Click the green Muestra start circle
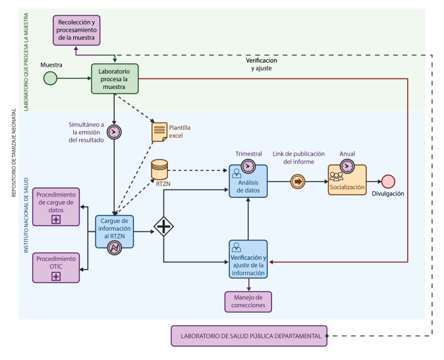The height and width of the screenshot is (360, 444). coord(51,78)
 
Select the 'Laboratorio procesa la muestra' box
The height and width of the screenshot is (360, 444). coord(115,79)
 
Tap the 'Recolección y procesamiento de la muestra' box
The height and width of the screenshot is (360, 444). coord(76,30)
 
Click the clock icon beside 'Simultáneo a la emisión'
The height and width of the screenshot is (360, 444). coord(114,132)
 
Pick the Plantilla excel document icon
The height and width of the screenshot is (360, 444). coord(159,132)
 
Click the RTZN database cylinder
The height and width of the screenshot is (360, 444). coord(159,169)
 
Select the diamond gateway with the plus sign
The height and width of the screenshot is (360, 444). coord(163,227)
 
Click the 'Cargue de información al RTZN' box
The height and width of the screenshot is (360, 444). coord(115,231)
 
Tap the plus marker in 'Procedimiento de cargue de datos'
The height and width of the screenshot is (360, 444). coord(56,220)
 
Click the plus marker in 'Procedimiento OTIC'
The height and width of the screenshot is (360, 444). coord(56,276)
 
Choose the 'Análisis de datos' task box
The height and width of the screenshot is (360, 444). coord(248,181)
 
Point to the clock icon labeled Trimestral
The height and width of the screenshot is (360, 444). coord(248,166)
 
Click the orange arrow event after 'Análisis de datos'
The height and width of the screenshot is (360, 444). coord(298,181)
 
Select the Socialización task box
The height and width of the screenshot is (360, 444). coord(347,180)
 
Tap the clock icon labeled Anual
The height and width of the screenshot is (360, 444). coord(347,166)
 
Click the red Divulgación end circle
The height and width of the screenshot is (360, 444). coord(388,181)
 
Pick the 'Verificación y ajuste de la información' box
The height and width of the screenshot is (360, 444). coord(248,259)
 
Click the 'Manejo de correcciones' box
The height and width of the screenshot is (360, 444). coord(248,302)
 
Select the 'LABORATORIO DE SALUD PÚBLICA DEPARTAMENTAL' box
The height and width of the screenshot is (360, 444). coord(249,336)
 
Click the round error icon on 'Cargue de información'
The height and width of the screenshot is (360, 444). coord(115,247)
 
